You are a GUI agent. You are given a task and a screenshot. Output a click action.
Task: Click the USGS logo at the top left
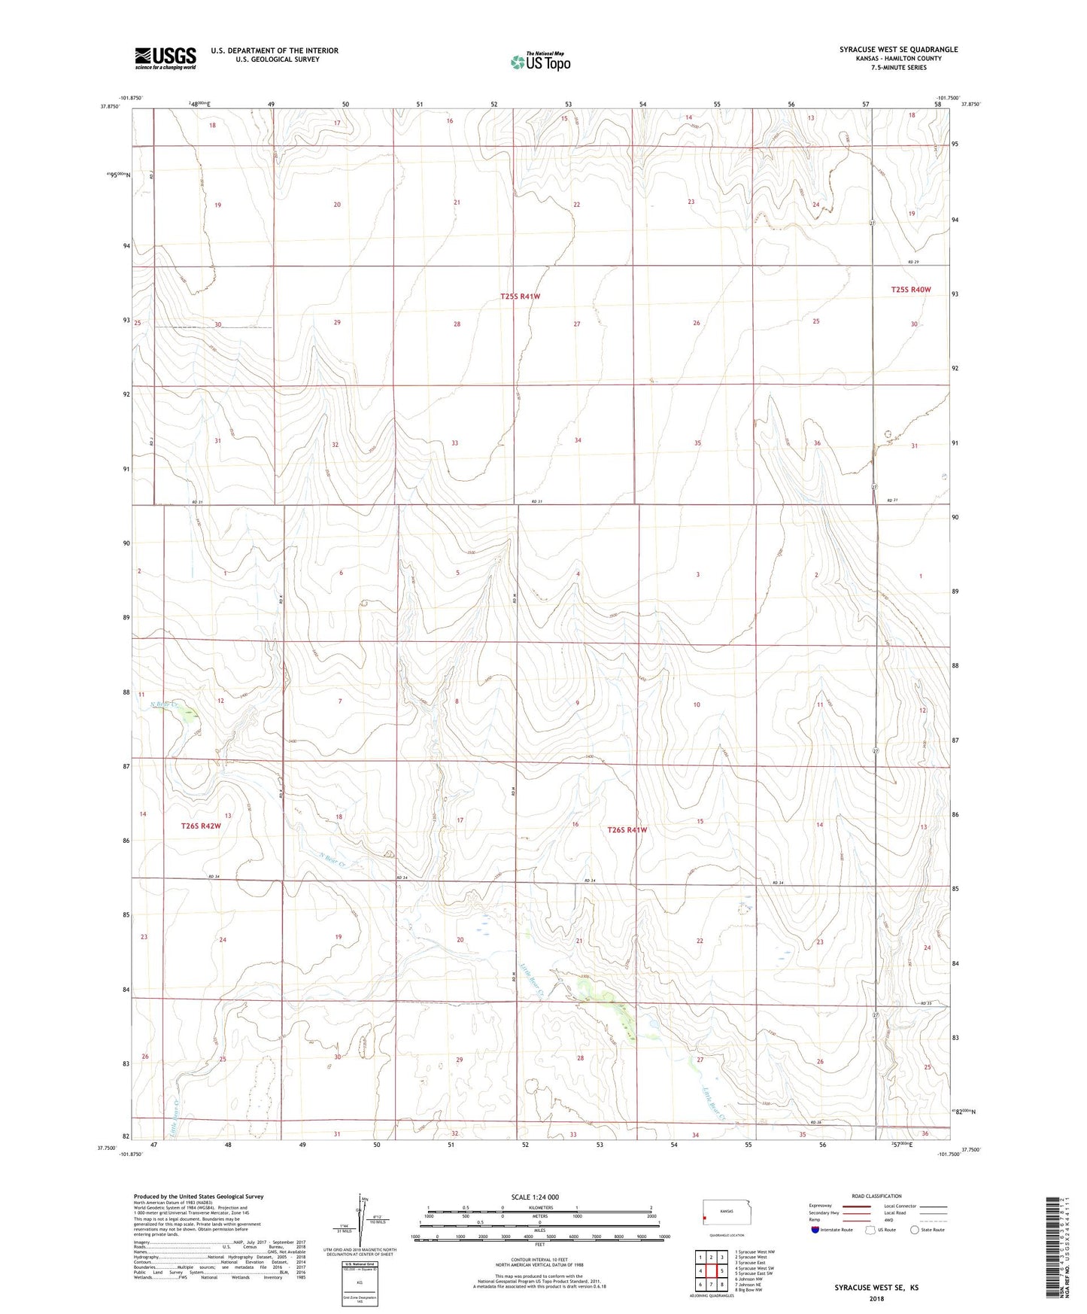point(165,58)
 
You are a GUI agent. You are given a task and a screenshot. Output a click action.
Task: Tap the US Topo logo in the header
point(540,62)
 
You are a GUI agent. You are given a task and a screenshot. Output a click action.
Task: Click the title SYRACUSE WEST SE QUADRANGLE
point(898,50)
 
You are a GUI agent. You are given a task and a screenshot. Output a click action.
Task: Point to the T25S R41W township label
point(520,297)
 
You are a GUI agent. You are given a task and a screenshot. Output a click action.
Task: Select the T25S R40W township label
point(910,290)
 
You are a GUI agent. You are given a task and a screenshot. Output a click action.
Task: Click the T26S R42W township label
point(201,826)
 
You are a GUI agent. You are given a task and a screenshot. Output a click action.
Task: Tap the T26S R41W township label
point(627,830)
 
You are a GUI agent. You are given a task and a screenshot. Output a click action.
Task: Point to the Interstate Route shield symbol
point(816,1230)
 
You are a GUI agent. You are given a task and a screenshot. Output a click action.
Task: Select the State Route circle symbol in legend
point(915,1230)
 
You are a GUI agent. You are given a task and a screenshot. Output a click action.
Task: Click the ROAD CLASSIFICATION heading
point(876,1196)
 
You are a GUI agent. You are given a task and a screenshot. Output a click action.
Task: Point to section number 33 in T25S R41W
point(454,443)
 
